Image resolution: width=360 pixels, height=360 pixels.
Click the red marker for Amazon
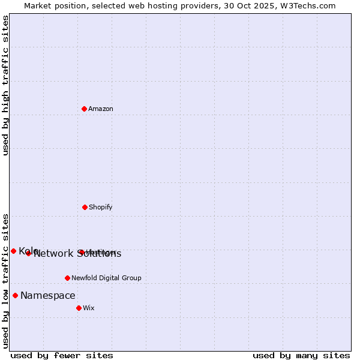(84, 109)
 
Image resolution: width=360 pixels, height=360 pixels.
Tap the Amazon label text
(101, 109)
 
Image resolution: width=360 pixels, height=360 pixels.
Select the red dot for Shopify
(85, 207)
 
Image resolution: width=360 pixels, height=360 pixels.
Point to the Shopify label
(101, 208)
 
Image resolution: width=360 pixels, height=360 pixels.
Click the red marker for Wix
(79, 308)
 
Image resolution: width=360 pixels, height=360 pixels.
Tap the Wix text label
(89, 308)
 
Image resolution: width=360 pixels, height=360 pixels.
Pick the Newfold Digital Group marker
(67, 278)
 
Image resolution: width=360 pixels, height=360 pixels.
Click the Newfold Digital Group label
(106, 278)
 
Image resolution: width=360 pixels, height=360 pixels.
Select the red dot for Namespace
(15, 295)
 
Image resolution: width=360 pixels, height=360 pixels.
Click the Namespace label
(48, 296)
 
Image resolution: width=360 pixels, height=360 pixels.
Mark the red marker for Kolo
(13, 251)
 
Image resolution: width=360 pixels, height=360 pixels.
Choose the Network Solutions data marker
(28, 253)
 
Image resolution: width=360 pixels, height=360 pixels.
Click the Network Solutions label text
(77, 254)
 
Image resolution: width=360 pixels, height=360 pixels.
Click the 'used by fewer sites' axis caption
(62, 356)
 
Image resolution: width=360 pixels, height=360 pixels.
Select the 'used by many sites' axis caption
(301, 356)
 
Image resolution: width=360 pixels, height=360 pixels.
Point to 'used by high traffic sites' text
(6, 85)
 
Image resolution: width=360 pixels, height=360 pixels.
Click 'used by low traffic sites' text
(6, 281)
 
